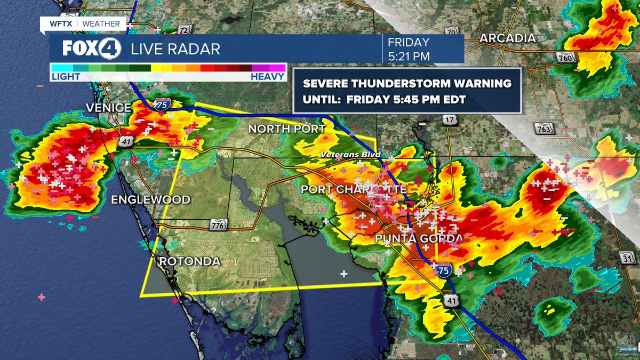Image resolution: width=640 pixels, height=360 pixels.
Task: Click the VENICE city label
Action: click(x=108, y=108)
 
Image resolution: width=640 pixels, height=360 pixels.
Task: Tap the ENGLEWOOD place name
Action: click(x=150, y=199)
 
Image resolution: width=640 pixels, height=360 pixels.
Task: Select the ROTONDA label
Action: click(x=189, y=261)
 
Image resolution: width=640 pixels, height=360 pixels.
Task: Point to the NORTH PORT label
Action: click(x=287, y=129)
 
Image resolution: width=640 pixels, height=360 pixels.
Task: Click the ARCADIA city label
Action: click(x=507, y=38)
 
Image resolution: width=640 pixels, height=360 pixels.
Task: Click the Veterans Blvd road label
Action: click(x=350, y=155)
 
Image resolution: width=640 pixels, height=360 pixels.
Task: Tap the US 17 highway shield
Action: click(x=450, y=121)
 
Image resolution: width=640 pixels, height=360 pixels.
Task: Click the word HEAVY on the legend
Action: click(x=268, y=77)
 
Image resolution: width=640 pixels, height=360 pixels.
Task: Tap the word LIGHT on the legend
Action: click(x=66, y=77)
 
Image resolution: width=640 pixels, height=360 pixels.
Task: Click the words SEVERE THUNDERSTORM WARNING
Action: click(x=407, y=84)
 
